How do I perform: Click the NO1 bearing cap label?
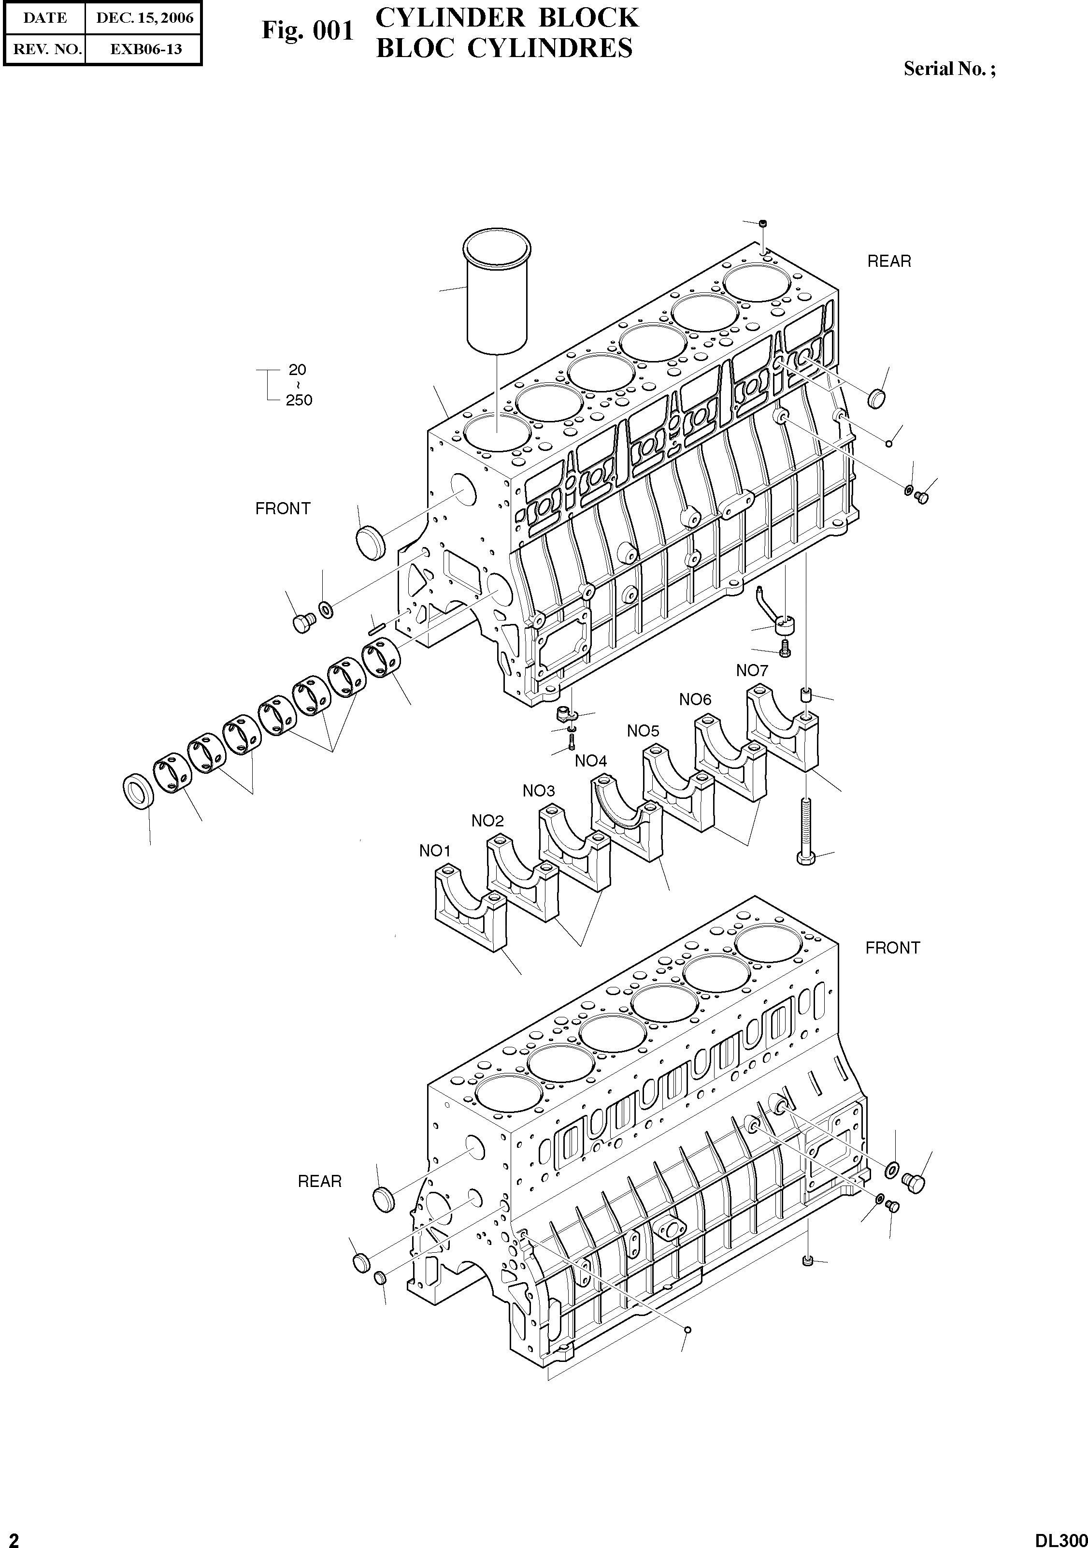(x=435, y=851)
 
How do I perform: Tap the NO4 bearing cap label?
(x=590, y=761)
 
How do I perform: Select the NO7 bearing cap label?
(x=752, y=670)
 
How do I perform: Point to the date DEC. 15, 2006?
(x=144, y=18)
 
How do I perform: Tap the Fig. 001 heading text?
(x=307, y=31)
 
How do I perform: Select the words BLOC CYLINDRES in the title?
(x=504, y=48)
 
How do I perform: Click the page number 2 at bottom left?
(x=14, y=1537)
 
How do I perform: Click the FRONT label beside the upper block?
(x=283, y=508)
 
